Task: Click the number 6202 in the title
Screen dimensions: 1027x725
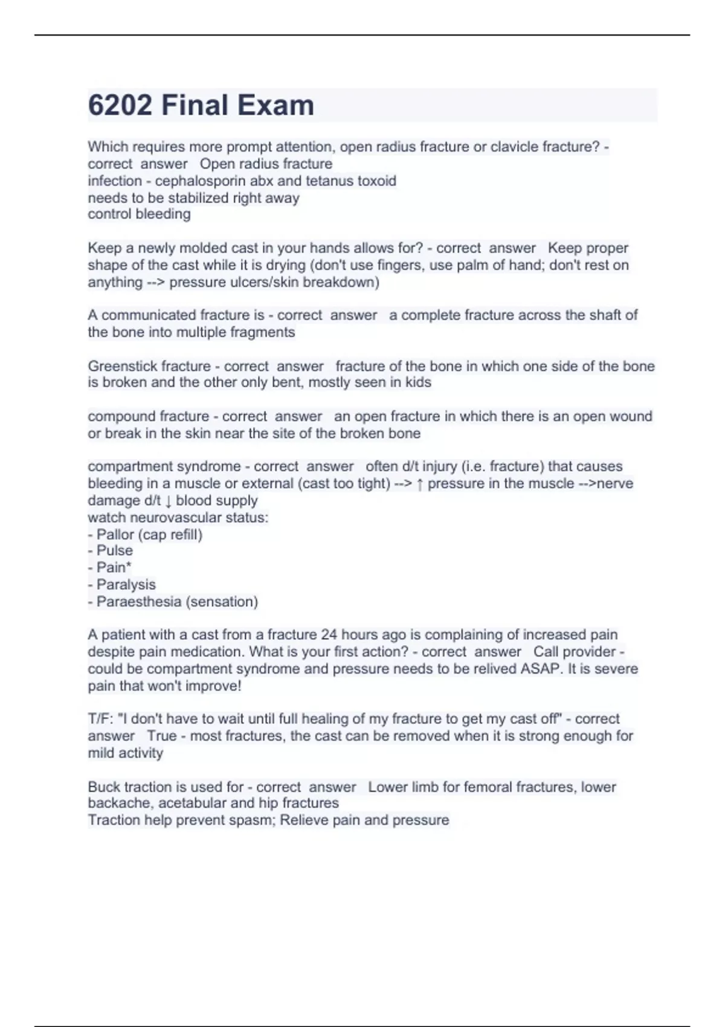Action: click(120, 105)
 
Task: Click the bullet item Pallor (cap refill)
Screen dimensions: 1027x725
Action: click(149, 535)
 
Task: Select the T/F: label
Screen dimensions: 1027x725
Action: click(100, 719)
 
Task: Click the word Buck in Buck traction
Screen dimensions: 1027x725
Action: click(104, 787)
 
